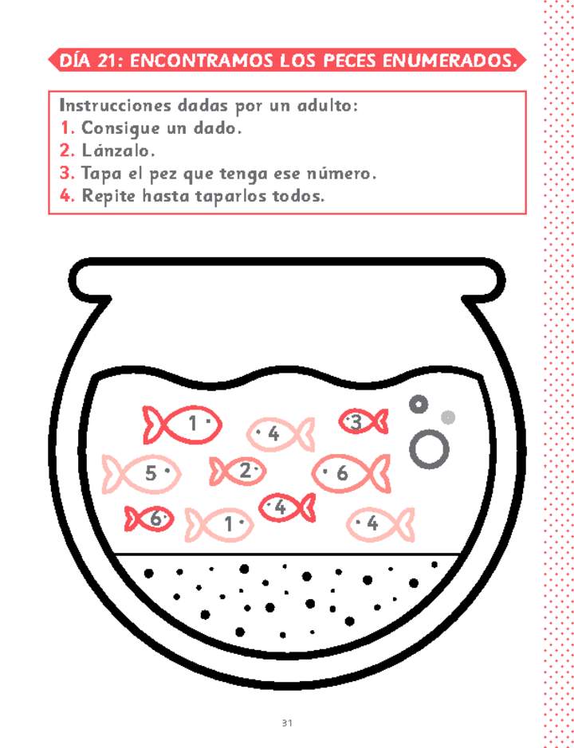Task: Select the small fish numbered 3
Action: tap(363, 422)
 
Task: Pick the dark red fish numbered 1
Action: tap(182, 424)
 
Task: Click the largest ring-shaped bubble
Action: tap(429, 449)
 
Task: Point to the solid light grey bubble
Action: tap(448, 417)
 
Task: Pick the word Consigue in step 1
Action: tap(118, 127)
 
